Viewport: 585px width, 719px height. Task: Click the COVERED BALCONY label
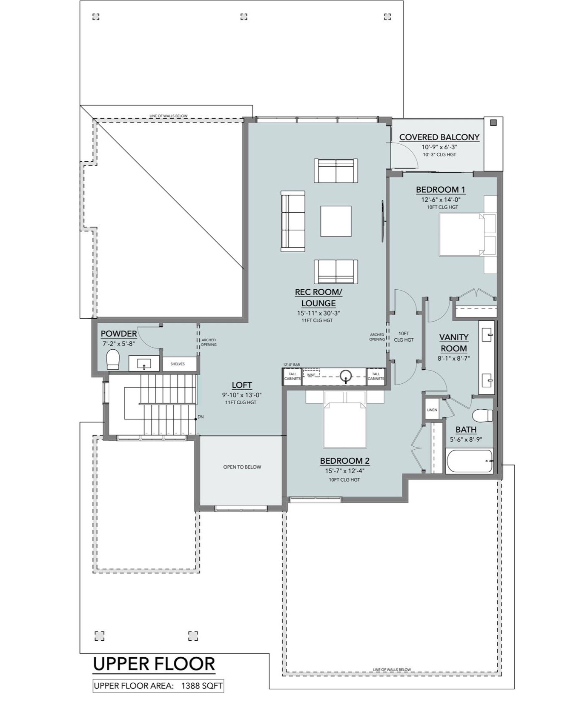tap(439, 137)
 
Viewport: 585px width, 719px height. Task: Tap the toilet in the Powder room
tap(113, 360)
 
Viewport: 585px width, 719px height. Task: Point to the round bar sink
tap(346, 376)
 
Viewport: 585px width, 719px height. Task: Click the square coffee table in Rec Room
tap(336, 221)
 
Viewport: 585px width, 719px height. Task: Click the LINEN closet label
tap(432, 410)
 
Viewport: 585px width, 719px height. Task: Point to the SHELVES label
tap(178, 364)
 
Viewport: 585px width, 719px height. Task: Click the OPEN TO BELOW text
tap(242, 467)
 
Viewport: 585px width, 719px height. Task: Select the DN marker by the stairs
tap(201, 417)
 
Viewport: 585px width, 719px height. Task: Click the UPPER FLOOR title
tap(154, 664)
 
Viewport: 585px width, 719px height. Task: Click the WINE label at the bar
tap(311, 375)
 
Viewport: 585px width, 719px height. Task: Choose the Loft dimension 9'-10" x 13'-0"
tap(241, 395)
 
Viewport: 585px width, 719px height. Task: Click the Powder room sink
tap(144, 364)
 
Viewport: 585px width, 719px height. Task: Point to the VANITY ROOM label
tap(454, 343)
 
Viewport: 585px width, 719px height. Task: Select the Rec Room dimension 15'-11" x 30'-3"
tap(318, 313)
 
